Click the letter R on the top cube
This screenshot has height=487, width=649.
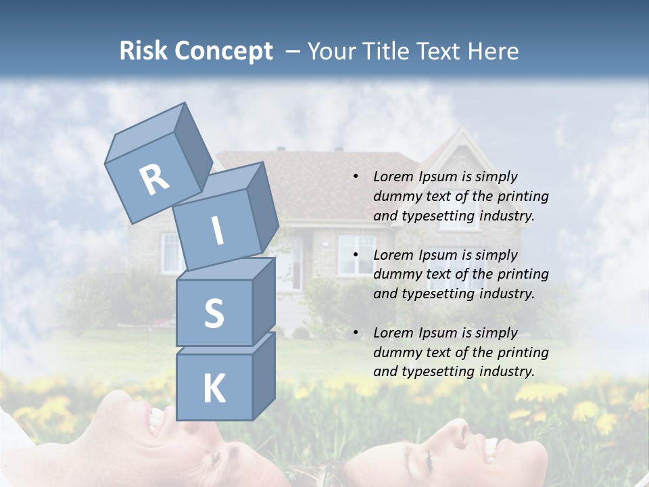pos(154,179)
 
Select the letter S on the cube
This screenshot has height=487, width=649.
pos(214,314)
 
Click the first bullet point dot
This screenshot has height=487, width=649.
pos(356,177)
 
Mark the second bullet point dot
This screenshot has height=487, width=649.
pos(356,256)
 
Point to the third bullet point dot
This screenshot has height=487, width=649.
pos(356,333)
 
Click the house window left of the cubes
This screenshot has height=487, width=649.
pos(170,252)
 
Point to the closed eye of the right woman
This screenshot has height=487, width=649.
pos(427,461)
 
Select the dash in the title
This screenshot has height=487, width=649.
pos(293,52)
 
